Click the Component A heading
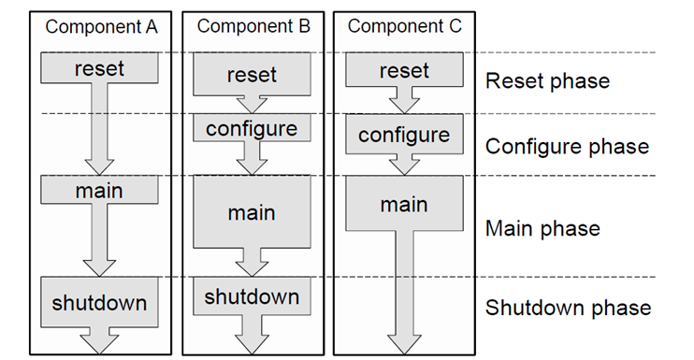pyautogui.click(x=101, y=26)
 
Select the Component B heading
pyautogui.click(x=253, y=26)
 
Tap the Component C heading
pyautogui.click(x=404, y=26)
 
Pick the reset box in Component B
pyautogui.click(x=252, y=75)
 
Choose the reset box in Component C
pyautogui.click(x=404, y=70)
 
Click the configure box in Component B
pyautogui.click(x=252, y=127)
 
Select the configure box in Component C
pyautogui.click(x=404, y=135)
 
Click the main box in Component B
pyautogui.click(x=252, y=212)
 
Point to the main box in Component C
pyautogui.click(x=404, y=205)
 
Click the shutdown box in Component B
pyautogui.click(x=252, y=296)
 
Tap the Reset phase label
pyautogui.click(x=547, y=81)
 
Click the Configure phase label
pyautogui.click(x=567, y=147)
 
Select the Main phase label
pyautogui.click(x=542, y=228)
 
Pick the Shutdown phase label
pyautogui.click(x=568, y=308)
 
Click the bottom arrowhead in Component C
pyautogui.click(x=404, y=344)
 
